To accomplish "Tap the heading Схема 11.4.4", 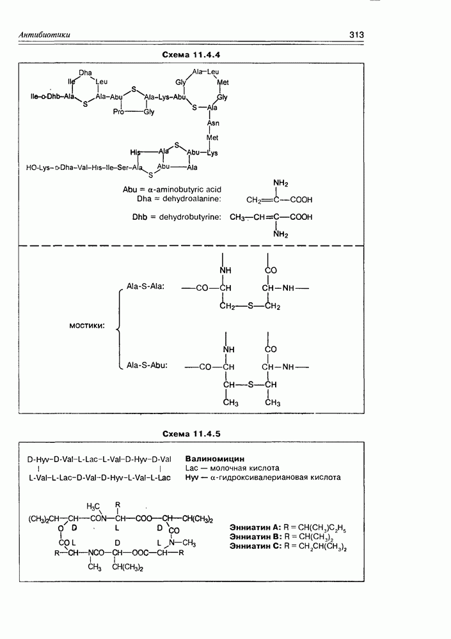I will (x=191, y=55).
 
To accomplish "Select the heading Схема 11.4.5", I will (x=191, y=434).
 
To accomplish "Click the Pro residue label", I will (x=118, y=111).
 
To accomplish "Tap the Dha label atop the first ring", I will (x=86, y=72).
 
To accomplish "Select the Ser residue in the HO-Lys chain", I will (x=122, y=168).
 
